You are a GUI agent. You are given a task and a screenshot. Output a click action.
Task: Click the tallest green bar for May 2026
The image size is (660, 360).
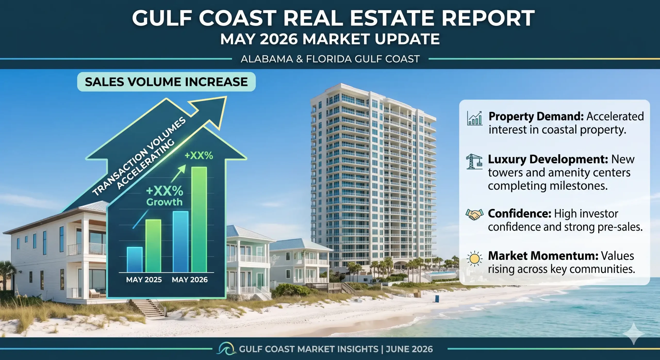click(199, 219)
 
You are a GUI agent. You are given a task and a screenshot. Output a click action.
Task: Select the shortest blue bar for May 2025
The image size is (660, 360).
click(135, 260)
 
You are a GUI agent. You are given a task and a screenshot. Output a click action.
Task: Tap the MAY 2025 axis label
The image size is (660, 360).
click(144, 280)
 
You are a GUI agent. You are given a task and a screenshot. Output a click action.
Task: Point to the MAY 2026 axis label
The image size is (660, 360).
click(190, 280)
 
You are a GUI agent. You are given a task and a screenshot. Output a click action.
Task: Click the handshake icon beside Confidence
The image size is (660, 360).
click(474, 214)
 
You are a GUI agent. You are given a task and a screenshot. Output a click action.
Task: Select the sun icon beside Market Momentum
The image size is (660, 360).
click(474, 258)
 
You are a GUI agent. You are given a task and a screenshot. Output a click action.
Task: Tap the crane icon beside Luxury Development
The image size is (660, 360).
click(474, 161)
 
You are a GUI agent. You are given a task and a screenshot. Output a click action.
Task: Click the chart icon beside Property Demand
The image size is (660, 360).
click(475, 118)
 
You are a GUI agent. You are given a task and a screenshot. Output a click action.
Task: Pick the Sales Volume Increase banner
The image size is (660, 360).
click(166, 82)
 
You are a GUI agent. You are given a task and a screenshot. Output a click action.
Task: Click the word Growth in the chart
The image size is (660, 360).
click(164, 202)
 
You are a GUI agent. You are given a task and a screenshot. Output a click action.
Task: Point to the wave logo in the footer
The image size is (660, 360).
click(226, 349)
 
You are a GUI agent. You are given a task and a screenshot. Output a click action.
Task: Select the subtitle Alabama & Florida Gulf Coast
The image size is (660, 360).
click(330, 59)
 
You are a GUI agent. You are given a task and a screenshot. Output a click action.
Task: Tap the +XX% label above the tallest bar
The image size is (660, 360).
click(199, 156)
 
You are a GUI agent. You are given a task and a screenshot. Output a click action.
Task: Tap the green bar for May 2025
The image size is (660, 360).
click(153, 246)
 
